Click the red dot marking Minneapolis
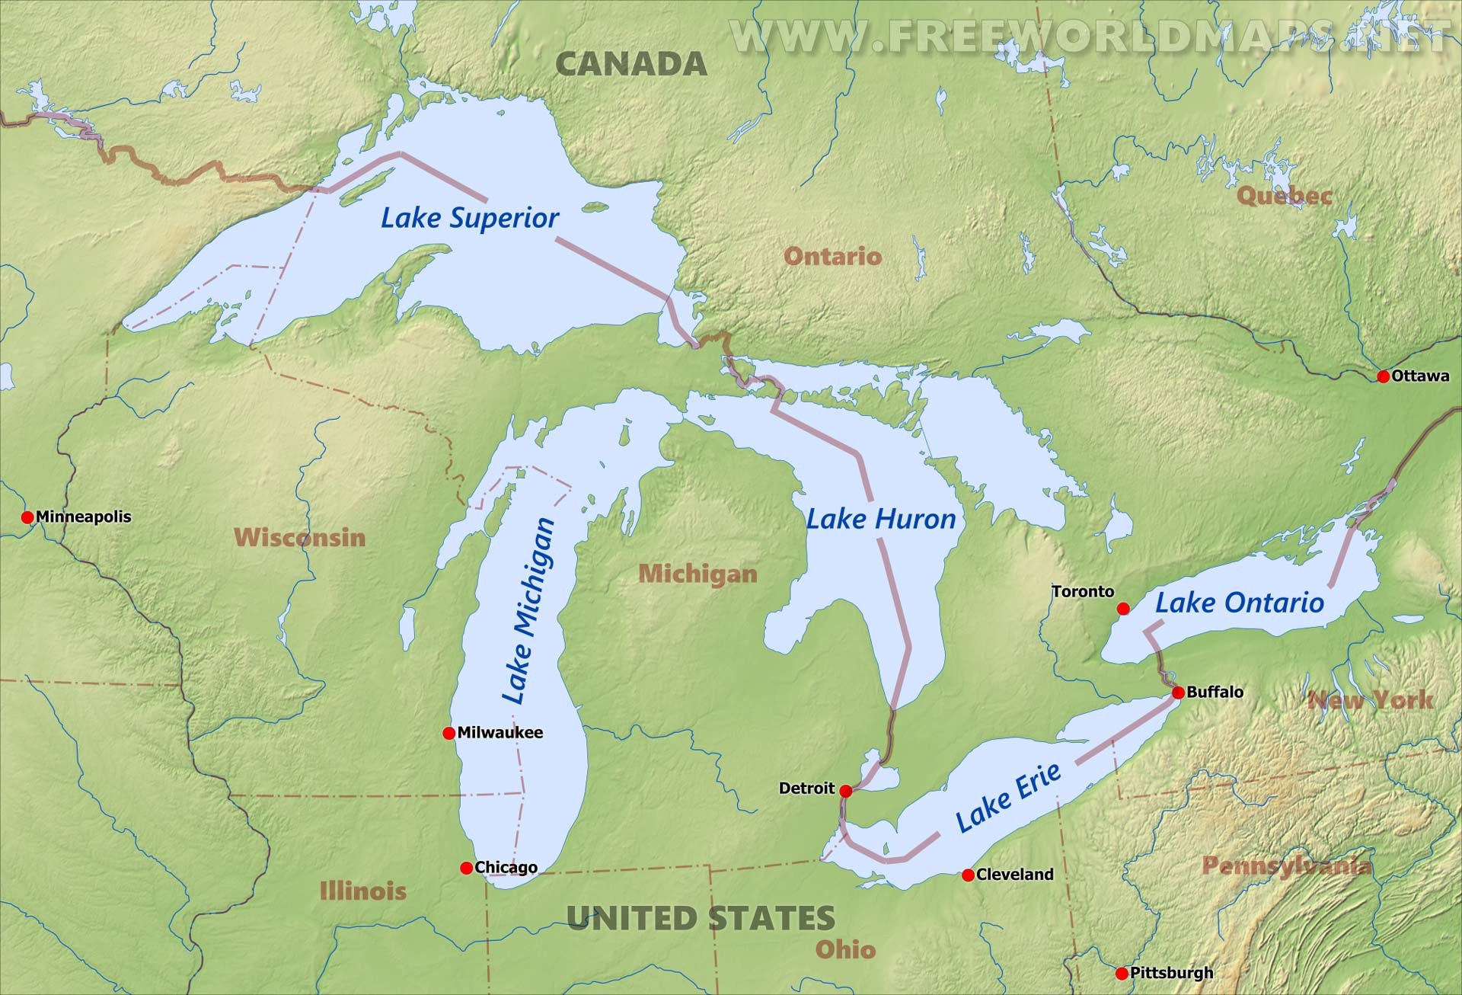[27, 517]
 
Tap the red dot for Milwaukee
[449, 733]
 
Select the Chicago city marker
[466, 868]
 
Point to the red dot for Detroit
[845, 791]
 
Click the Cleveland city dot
[968, 875]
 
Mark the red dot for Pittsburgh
[1121, 973]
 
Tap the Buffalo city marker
[1178, 693]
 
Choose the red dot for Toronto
[1123, 608]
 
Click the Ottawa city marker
[1383, 376]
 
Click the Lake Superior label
[470, 218]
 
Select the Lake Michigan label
[528, 611]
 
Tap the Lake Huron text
[881, 520]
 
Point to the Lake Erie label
[1007, 798]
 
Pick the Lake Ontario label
[1240, 603]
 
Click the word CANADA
[631, 64]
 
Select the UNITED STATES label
[701, 918]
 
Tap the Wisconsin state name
[300, 537]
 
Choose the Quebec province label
[1284, 196]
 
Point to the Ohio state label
[845, 949]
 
